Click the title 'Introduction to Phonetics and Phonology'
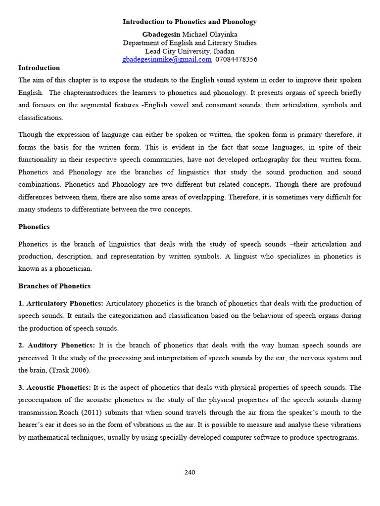(x=190, y=22)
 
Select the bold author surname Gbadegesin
(x=161, y=34)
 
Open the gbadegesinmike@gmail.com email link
(x=167, y=59)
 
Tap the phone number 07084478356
(x=236, y=59)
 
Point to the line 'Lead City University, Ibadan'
(x=190, y=51)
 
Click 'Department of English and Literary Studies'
(x=190, y=42)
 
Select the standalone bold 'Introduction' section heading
(x=39, y=68)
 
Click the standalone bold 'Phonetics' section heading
(x=34, y=227)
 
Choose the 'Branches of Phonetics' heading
(x=54, y=286)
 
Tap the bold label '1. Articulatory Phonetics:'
(x=61, y=303)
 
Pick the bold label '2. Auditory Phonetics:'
(x=57, y=345)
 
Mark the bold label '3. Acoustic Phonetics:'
(x=54, y=387)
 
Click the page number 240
(x=190, y=472)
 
